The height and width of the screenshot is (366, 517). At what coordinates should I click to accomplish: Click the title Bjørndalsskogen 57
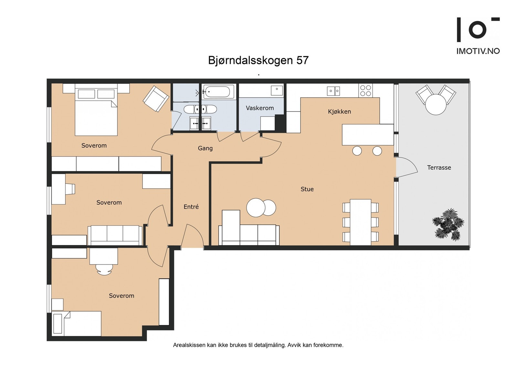pos(258,60)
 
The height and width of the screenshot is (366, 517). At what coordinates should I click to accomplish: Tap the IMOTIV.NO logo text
pos(478,51)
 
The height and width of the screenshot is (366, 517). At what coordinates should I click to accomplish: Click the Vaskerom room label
pos(259,108)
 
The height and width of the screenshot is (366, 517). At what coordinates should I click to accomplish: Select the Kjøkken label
pos(339,112)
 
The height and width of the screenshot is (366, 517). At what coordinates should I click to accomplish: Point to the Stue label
pos(307,189)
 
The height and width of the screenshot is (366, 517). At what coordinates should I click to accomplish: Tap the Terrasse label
pos(439,167)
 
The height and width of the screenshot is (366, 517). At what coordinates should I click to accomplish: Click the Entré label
pos(191,207)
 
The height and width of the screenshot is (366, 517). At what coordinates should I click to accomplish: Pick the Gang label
pos(205,148)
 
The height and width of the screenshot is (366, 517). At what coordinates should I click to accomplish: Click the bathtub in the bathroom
pos(219,92)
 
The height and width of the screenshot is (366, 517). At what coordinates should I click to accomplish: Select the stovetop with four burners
pos(365,91)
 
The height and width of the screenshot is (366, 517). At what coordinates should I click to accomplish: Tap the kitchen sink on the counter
pos(333,91)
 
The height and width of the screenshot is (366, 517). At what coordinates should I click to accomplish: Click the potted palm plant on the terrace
pos(448,224)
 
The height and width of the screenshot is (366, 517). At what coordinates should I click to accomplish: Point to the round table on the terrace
pos(436,104)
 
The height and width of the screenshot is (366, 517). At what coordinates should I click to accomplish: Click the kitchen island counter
pos(368,135)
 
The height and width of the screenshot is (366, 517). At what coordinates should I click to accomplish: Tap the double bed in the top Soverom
pos(96,113)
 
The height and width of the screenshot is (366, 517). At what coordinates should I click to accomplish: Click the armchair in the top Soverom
pos(156,99)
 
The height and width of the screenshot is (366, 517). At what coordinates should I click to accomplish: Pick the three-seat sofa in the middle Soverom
pos(115,235)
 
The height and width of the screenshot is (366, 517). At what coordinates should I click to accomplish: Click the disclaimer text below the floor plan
pos(258,345)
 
